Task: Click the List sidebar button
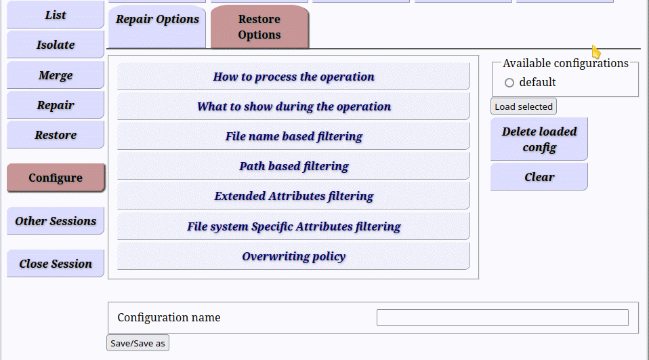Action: (x=55, y=14)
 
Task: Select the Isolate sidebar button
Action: (x=55, y=44)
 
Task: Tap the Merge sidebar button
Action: (x=55, y=75)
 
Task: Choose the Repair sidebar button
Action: (x=55, y=105)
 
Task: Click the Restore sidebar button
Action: (x=55, y=135)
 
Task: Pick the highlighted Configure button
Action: (x=56, y=178)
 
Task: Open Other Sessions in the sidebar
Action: (x=55, y=221)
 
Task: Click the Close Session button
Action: (x=55, y=264)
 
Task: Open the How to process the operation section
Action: (x=293, y=76)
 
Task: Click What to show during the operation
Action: (x=293, y=106)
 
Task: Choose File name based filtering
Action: (x=293, y=136)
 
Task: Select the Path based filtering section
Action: (x=293, y=165)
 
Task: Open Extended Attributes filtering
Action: (x=293, y=195)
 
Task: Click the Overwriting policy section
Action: (x=293, y=256)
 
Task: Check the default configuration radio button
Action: (x=509, y=83)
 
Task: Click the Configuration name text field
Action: (x=503, y=318)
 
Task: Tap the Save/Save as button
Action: (x=138, y=343)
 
